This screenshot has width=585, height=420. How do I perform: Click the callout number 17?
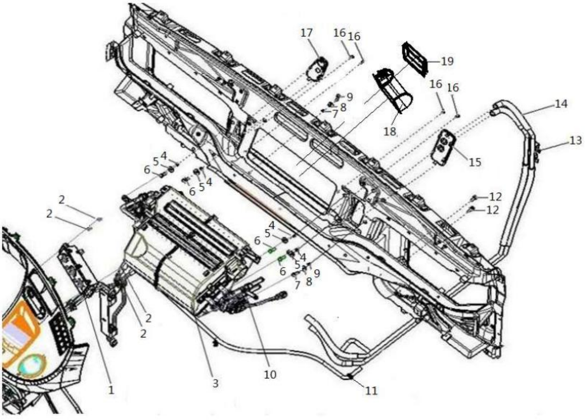pos(307,33)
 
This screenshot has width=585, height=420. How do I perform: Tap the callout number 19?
pos(447,61)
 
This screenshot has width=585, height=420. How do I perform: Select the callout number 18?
pos(390,132)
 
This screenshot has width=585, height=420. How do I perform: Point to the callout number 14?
pos(561,104)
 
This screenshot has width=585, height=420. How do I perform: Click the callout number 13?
pos(575,141)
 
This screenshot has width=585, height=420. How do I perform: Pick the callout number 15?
pos(475,162)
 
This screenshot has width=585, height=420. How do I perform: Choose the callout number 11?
pos(371,391)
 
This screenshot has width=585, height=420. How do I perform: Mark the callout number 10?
pos(270,375)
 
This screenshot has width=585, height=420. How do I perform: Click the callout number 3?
pos(216,383)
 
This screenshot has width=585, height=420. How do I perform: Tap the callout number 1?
pos(111,389)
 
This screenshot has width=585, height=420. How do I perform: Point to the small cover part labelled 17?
pos(318,69)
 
